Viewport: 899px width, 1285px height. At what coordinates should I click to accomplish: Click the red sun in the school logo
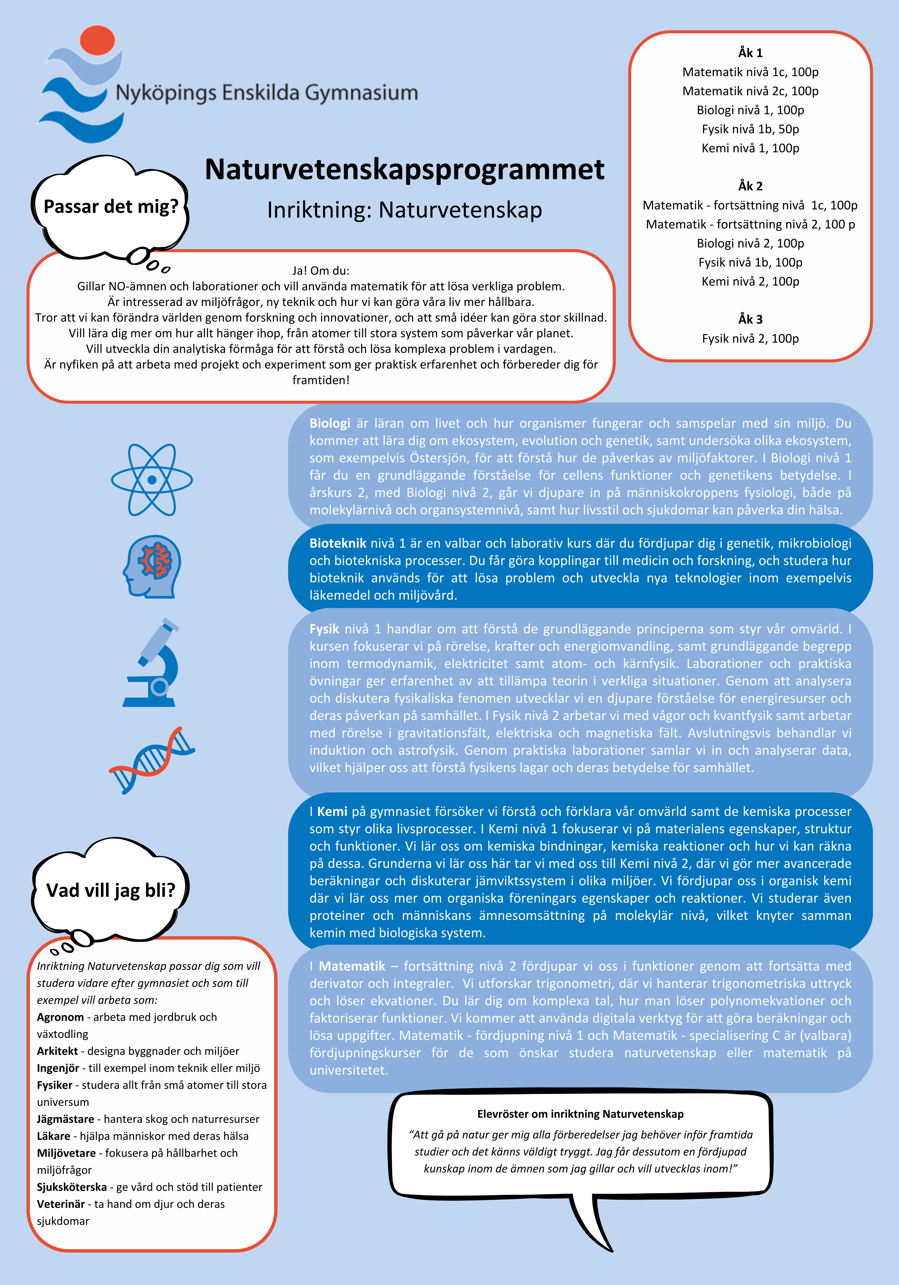coord(98,40)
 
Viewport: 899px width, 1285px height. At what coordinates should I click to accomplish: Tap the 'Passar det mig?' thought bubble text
coord(111,207)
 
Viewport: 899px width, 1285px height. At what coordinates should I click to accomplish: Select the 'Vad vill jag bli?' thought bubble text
coord(111,890)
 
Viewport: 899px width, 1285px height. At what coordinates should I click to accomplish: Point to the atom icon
coord(152,480)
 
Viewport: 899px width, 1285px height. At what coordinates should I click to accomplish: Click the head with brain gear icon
coord(152,566)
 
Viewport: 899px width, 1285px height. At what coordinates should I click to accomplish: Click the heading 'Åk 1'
coord(750,53)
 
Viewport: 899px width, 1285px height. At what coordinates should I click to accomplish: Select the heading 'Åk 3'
coord(750,319)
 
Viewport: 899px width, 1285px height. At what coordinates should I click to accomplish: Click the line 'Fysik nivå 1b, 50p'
coord(750,129)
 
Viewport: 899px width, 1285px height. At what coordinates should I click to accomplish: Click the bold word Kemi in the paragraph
coord(332,811)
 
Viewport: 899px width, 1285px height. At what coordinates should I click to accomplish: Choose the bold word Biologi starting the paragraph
coord(330,423)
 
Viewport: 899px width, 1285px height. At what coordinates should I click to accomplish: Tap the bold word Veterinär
coord(61,1204)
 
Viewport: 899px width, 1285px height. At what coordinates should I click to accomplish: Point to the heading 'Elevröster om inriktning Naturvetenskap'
coord(580,1114)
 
